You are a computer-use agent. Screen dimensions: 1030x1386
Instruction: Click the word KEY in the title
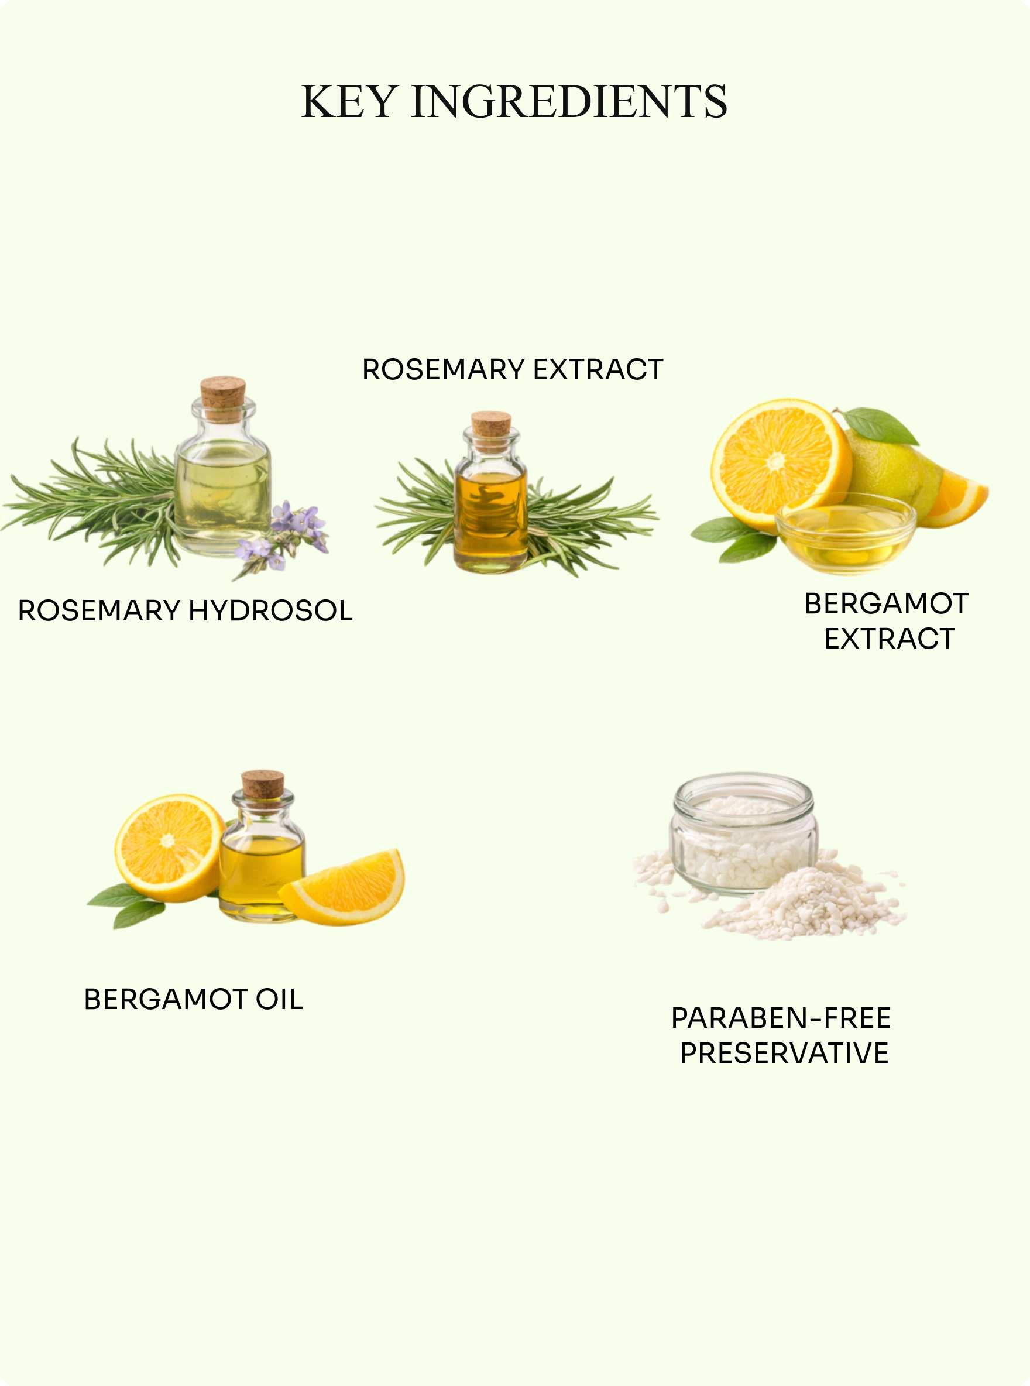click(349, 102)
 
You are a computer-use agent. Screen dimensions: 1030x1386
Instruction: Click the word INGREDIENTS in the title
click(569, 102)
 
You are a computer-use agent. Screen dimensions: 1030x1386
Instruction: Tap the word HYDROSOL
click(270, 610)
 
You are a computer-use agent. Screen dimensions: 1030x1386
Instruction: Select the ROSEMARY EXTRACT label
click(513, 369)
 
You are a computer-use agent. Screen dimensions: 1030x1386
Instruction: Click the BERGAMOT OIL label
click(193, 1000)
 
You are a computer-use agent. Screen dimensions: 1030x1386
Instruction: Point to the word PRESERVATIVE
click(784, 1053)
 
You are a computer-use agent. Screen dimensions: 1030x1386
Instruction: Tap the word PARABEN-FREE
click(781, 1018)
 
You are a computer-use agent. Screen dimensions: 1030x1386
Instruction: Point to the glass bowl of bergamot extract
click(846, 533)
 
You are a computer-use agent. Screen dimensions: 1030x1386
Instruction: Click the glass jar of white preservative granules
click(743, 832)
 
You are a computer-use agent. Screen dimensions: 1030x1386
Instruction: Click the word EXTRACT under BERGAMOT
click(889, 639)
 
